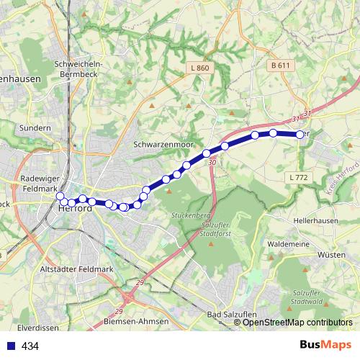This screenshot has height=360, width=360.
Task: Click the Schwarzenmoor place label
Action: pyautogui.click(x=164, y=144)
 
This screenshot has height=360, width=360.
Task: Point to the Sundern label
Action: pyautogui.click(x=35, y=127)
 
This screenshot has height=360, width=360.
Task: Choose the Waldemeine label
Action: pyautogui.click(x=288, y=244)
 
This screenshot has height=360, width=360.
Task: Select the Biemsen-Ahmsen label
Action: pyautogui.click(x=136, y=320)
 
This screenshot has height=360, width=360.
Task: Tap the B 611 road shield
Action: pyautogui.click(x=281, y=65)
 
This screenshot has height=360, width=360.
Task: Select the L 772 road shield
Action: pyautogui.click(x=297, y=176)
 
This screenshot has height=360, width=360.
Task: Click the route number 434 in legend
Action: pyautogui.click(x=30, y=346)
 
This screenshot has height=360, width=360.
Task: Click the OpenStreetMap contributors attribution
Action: pyautogui.click(x=297, y=322)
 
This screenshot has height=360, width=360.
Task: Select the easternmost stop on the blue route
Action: pyautogui.click(x=300, y=134)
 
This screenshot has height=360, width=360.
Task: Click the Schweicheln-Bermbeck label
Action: pyautogui.click(x=79, y=68)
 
